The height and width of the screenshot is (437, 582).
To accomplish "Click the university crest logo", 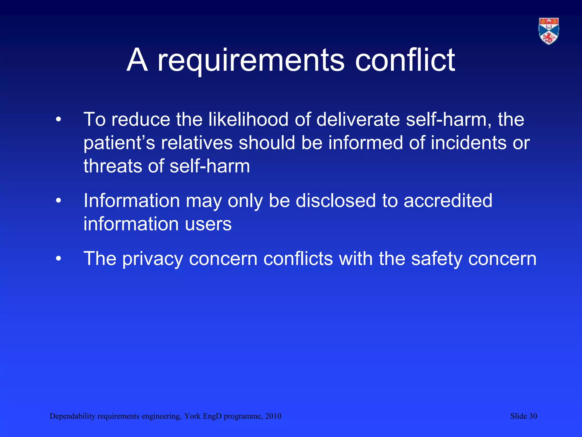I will (549, 31).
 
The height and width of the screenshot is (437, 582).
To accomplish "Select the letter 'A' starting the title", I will (137, 60).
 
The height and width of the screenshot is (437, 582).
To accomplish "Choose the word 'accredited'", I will (448, 201).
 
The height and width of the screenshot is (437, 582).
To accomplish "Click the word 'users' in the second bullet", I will (208, 224).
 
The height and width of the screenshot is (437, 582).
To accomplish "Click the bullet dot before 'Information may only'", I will (59, 201).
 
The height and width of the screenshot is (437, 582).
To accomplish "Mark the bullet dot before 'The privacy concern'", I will (59, 259).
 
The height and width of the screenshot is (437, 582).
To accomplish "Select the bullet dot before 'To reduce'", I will (59, 119).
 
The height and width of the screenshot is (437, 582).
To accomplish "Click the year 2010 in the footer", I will (273, 416).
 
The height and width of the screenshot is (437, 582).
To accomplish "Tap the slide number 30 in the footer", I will (533, 416).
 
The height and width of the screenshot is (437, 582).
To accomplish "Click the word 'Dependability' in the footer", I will (72, 416).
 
